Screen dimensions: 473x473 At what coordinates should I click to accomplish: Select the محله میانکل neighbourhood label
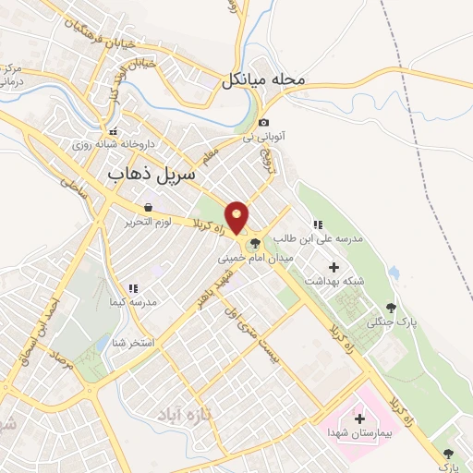[x=263, y=80]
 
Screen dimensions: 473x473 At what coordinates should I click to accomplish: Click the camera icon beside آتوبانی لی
[x=263, y=123]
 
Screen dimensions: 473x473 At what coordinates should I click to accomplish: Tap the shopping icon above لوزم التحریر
[x=149, y=208]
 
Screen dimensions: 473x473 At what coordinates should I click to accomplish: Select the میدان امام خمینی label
[x=255, y=259]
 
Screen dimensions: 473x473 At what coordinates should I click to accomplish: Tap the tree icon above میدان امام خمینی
[x=253, y=244]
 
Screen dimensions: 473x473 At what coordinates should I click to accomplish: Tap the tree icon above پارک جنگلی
[x=392, y=308]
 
